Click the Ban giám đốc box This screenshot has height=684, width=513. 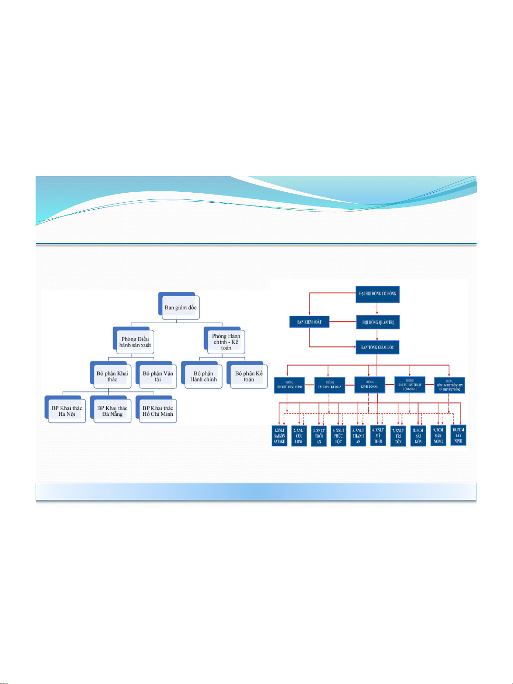180,307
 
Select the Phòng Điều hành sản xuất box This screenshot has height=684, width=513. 135,342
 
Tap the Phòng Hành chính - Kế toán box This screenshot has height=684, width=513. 226,342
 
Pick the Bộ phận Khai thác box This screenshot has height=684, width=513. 112,376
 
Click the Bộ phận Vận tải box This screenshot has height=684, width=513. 158,376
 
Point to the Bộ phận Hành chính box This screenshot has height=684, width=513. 203,376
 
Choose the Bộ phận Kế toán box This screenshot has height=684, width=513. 249,376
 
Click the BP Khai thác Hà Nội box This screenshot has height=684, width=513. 66,411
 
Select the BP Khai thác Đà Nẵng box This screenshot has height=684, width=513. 112,411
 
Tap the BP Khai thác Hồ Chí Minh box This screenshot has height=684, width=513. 158,411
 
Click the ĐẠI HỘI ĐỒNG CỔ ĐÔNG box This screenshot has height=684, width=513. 377,294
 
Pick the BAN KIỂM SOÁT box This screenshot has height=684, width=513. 309,322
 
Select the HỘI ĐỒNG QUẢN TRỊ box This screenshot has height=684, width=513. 378,322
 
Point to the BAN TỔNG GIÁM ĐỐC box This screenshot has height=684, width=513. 377,347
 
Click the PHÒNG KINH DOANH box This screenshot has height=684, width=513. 369,384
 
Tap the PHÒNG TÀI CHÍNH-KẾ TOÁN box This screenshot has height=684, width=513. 329,384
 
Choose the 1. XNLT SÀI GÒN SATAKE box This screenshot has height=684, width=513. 279,436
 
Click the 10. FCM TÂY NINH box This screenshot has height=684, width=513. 458,435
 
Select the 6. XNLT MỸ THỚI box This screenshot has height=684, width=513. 378,436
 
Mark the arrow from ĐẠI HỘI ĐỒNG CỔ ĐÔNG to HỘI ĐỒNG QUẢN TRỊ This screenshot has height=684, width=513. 377,309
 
